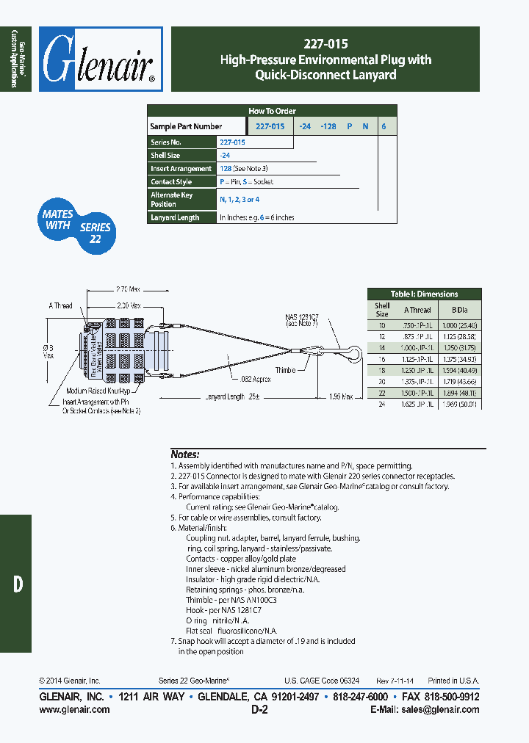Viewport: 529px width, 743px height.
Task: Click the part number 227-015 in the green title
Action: [325, 43]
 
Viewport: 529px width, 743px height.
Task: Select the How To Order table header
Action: [272, 111]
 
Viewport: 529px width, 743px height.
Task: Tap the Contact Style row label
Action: [171, 181]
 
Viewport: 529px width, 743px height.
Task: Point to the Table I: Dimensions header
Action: [424, 294]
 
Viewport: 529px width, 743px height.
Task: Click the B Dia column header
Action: [460, 310]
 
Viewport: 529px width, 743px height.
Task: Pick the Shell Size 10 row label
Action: [382, 325]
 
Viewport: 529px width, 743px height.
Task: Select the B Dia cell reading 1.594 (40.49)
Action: [460, 371]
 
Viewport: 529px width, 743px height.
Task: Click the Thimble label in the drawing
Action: [285, 370]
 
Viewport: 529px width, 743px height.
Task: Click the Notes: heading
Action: [184, 454]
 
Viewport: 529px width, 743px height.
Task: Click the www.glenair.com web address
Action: [74, 709]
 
